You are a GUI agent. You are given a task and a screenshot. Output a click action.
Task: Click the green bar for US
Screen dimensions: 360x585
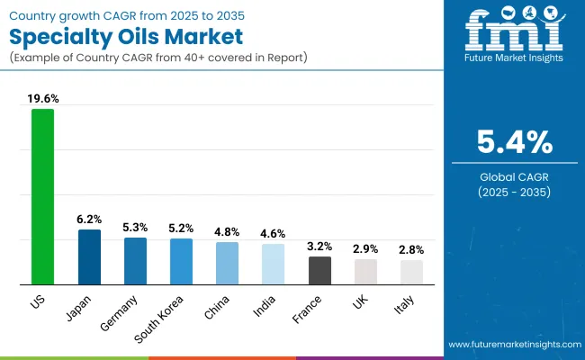(42, 196)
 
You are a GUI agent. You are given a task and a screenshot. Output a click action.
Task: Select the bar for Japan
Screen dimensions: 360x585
(89, 256)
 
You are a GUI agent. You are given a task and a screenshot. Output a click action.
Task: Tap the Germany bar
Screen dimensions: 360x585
(135, 261)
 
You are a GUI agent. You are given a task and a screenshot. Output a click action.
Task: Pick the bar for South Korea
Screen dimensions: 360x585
(181, 261)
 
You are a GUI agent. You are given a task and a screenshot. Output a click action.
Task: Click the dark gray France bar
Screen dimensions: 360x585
(319, 270)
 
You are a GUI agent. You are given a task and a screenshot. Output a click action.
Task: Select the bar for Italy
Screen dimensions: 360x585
(411, 272)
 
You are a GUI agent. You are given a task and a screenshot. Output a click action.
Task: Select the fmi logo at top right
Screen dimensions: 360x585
(516, 33)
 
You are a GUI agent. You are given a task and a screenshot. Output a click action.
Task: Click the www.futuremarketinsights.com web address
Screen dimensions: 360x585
(512, 345)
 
